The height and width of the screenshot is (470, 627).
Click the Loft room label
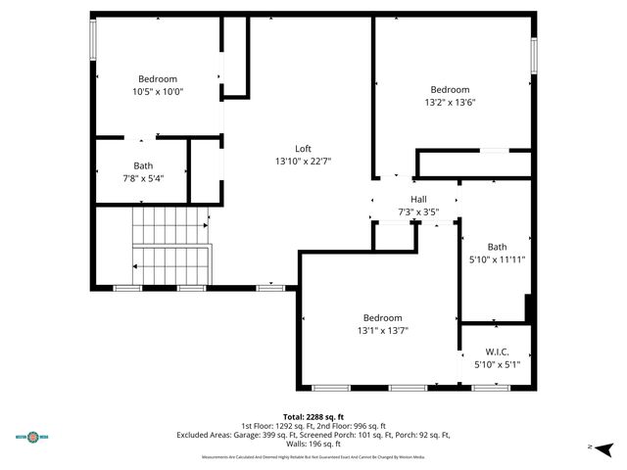coord(303,149)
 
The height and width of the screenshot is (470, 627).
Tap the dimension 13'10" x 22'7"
coord(303,162)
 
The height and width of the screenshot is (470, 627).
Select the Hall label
coord(417,199)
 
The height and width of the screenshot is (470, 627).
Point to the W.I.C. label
coord(497,352)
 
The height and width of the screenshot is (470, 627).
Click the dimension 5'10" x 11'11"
coord(498,259)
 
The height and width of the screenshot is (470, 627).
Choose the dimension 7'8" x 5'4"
coord(143,178)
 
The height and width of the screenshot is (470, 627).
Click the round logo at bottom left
coord(37,437)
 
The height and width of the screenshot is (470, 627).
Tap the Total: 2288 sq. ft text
coord(313,416)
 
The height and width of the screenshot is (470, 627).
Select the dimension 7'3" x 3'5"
coord(417,211)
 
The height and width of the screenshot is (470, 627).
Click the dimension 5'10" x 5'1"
coord(497,364)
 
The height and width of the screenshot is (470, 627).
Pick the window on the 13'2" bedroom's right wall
coord(534,55)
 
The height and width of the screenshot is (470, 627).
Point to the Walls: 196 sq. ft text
coord(313,446)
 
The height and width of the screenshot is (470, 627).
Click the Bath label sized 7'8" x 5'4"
coord(143,165)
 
